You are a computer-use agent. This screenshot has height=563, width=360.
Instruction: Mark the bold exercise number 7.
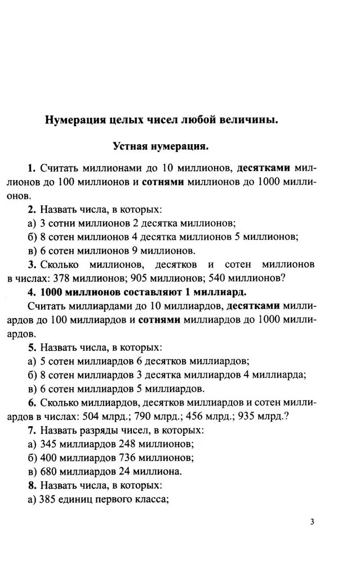click(x=31, y=431)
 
